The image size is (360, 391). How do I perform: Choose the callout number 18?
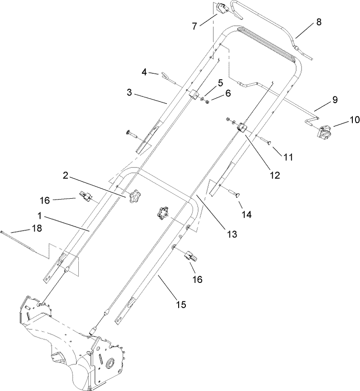[x=37, y=228]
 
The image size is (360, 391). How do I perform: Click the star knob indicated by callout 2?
[x=134, y=196]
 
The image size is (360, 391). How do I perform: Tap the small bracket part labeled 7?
[x=220, y=9]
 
